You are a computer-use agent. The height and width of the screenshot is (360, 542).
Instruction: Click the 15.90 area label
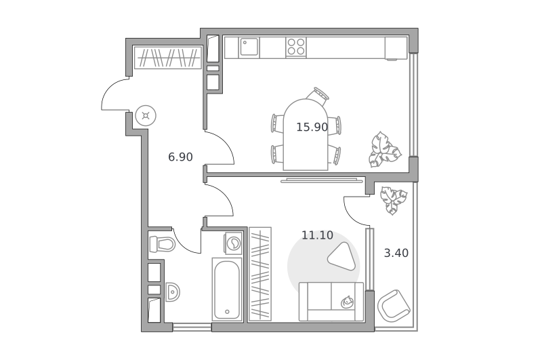[x=312, y=127]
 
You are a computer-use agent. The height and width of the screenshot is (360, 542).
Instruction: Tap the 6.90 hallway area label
[x=180, y=157]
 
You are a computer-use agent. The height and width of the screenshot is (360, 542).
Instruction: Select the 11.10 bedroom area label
[x=317, y=235]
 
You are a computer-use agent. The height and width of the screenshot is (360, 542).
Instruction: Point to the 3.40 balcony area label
[x=396, y=253]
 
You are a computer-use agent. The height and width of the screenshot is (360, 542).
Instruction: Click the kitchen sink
[x=249, y=47]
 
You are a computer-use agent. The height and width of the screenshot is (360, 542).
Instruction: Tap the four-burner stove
[x=296, y=47]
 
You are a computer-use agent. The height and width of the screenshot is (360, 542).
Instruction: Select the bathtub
[x=227, y=289]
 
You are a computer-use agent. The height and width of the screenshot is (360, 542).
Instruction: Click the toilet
[x=162, y=244]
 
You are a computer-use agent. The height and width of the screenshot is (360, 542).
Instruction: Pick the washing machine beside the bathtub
[x=233, y=243]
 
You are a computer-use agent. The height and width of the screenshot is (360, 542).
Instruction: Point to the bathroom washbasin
[x=172, y=292]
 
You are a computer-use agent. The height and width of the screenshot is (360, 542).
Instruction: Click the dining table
[x=306, y=134]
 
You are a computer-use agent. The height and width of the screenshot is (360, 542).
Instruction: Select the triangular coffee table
[x=342, y=256]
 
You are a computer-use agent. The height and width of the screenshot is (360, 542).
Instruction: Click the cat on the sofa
[x=347, y=302]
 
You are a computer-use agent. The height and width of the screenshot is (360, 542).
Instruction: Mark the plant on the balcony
[x=393, y=200]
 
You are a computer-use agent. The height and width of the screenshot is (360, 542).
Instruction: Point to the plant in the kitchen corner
[x=383, y=149]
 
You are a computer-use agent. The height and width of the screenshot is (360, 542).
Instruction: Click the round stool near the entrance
[x=146, y=115]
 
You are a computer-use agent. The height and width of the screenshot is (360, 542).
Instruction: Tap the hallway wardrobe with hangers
[x=167, y=58]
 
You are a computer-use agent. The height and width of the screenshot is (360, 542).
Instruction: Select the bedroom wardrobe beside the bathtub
[x=260, y=274]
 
